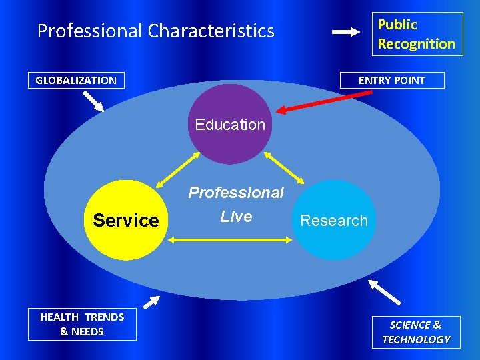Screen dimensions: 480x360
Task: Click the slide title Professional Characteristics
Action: coord(155,31)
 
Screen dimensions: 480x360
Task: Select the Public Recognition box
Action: coord(417,34)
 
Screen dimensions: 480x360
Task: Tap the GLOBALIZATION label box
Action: coord(76,81)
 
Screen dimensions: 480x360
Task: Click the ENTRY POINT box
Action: coord(391,80)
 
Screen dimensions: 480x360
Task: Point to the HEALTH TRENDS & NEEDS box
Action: coord(82,324)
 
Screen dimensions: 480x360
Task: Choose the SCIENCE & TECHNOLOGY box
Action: coord(416,332)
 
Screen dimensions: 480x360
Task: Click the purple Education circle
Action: coord(230,124)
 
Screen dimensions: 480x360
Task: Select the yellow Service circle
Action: coord(126,220)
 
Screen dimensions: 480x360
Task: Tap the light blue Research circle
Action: coord(334,220)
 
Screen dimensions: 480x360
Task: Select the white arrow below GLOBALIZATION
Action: coord(93,101)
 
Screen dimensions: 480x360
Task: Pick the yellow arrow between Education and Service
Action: coord(178,170)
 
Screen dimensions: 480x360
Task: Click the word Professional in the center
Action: coord(236,193)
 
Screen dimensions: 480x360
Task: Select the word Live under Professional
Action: coord(236,217)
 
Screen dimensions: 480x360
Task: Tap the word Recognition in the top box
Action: coord(417,44)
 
